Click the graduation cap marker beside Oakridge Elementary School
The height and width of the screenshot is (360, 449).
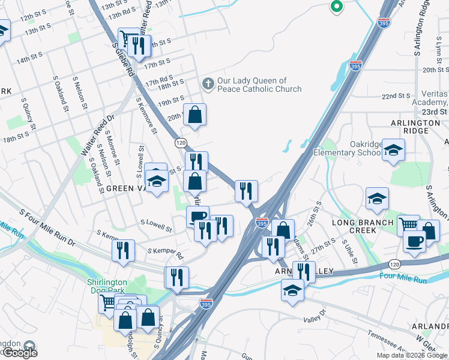pos(393,150)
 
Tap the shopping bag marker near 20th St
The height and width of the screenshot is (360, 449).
pos(195,115)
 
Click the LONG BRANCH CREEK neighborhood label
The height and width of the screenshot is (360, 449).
pos(358,226)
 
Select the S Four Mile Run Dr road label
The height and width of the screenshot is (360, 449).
pos(47,227)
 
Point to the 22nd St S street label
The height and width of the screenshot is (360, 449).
pos(396,96)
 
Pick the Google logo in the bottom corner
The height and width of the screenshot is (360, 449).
pos(19,353)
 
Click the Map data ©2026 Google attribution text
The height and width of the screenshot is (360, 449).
pos(412,355)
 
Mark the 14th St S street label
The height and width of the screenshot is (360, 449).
pos(29,58)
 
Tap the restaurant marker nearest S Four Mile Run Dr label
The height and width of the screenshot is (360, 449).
pos(123,250)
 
